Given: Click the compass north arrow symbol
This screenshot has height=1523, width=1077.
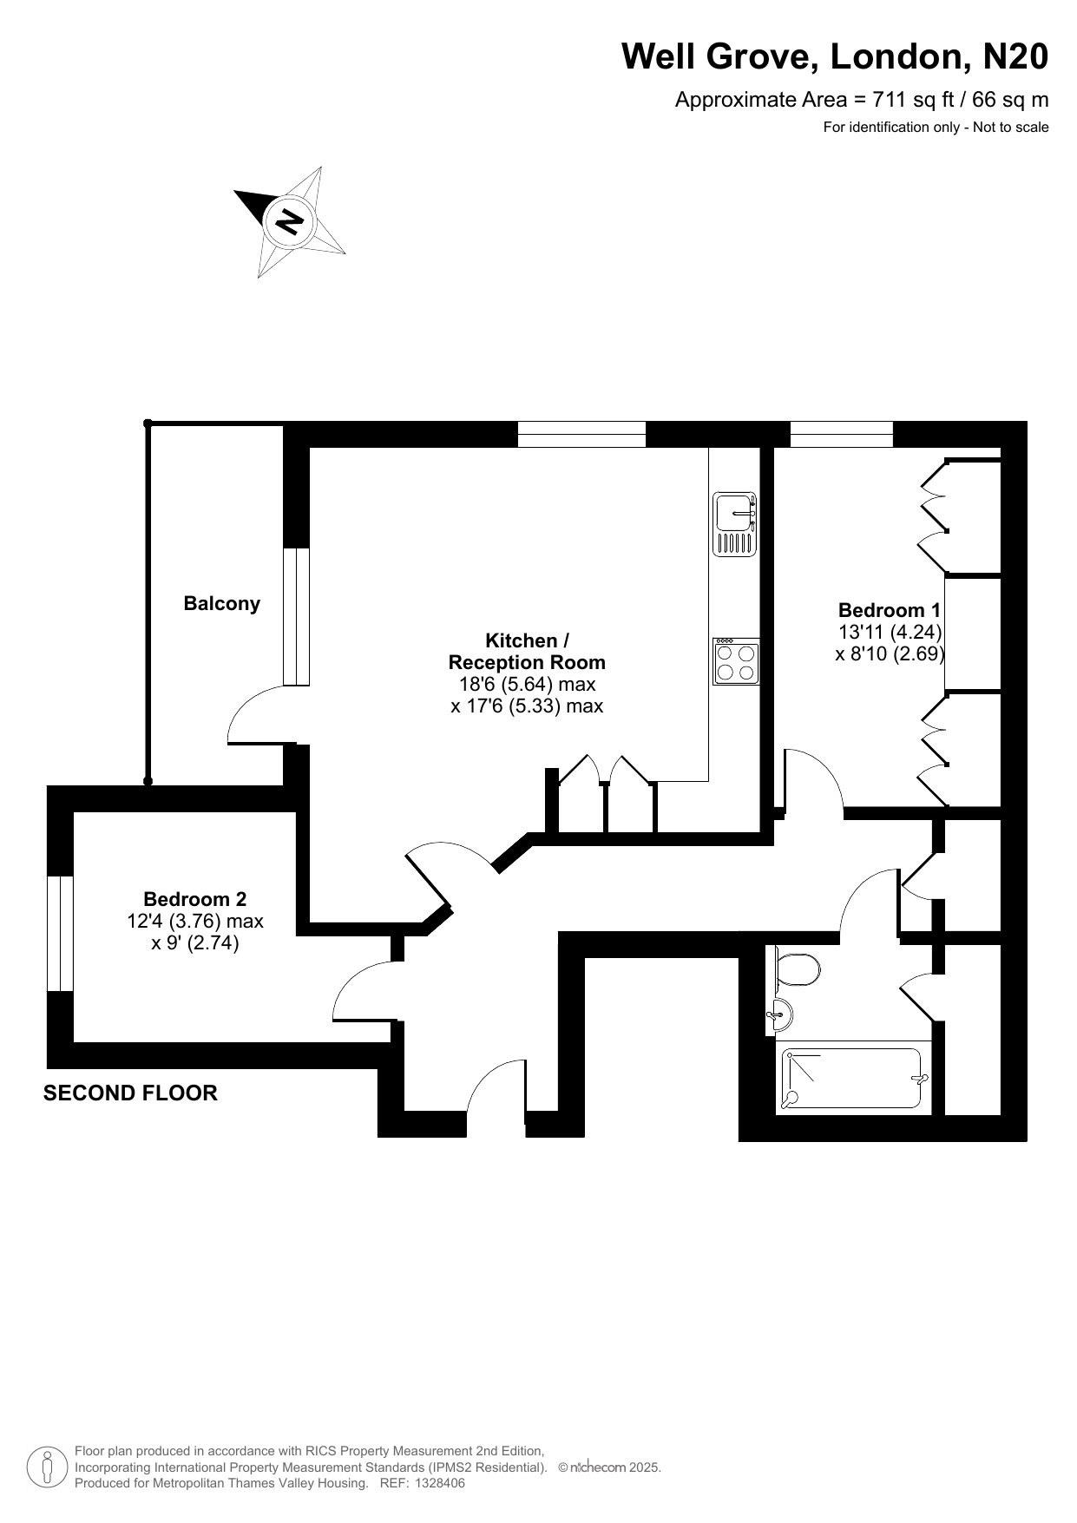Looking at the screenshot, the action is [290, 221].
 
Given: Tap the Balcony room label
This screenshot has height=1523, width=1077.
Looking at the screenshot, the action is [222, 604].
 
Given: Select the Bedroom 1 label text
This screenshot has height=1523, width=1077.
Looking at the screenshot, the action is [889, 610].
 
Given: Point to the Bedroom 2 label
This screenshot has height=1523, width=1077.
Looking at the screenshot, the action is [195, 899].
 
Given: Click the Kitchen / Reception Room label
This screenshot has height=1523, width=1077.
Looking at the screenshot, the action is [527, 652].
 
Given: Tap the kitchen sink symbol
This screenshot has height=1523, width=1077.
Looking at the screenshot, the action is [735, 524].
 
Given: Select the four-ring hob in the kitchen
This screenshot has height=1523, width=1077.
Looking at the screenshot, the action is [736, 661].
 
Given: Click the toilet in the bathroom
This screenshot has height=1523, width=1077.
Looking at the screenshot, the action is [797, 970].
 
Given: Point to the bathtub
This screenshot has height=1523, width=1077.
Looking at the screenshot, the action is [852, 1079].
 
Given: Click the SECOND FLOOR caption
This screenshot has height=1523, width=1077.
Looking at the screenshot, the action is [130, 1093].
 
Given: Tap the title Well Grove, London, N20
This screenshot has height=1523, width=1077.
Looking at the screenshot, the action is [835, 57].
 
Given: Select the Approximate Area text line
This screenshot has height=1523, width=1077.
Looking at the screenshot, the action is [862, 100].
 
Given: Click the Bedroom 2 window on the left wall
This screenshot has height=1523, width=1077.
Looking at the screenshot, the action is [60, 933].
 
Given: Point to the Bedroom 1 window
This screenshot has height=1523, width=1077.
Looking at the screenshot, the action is [841, 434].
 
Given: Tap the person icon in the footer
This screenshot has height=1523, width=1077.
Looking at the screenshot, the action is [48, 1467].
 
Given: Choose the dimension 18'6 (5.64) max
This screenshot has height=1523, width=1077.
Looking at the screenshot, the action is [527, 685].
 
